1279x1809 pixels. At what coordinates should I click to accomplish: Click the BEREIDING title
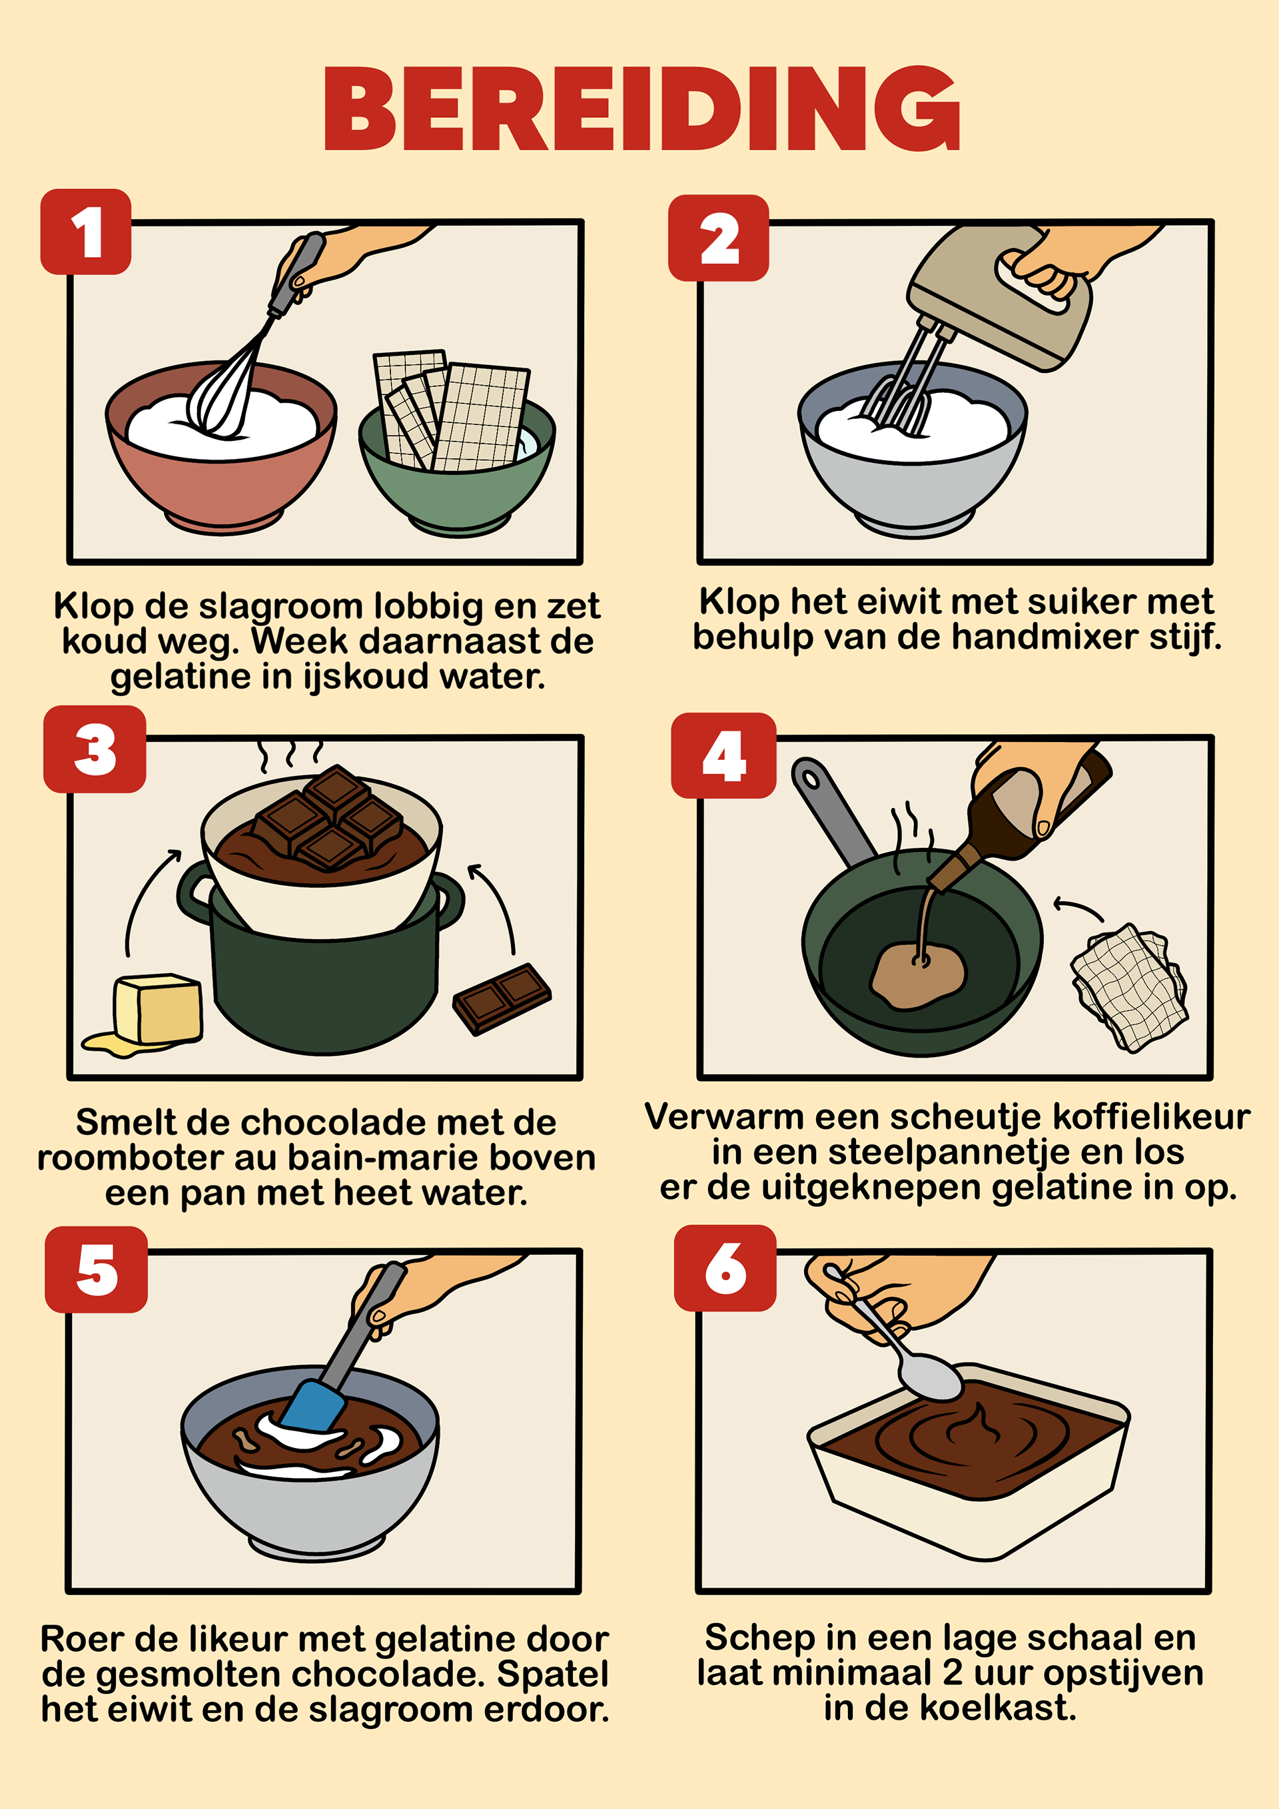pyautogui.click(x=641, y=109)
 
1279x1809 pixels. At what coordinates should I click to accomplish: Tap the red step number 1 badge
pyautogui.click(x=86, y=232)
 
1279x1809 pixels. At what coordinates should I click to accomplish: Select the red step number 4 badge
pyautogui.click(x=723, y=755)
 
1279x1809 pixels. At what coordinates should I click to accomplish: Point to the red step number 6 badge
pyautogui.click(x=725, y=1267)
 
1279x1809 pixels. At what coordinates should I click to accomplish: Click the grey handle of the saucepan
pyautogui.click(x=831, y=811)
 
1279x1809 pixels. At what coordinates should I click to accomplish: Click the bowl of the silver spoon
pyautogui.click(x=931, y=1377)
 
